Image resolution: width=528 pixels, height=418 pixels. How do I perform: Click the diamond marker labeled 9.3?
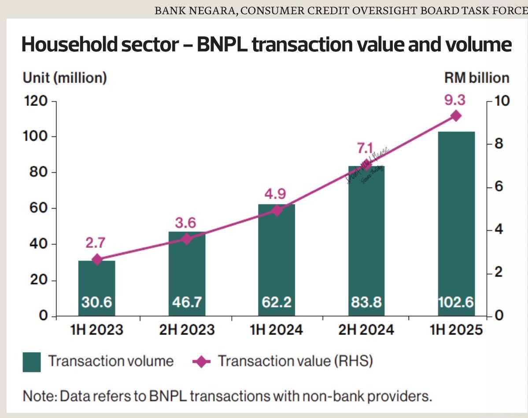[x=456, y=116]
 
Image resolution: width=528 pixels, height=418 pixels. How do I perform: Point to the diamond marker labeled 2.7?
[x=97, y=260]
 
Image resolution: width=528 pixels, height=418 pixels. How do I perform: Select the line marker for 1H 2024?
[x=277, y=210]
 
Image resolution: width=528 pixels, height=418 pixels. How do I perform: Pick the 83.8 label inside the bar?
[x=366, y=302]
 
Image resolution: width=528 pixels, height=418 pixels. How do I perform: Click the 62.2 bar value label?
[x=277, y=302]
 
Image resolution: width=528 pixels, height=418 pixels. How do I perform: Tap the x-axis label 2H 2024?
[x=366, y=330]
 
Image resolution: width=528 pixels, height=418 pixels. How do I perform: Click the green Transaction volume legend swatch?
[x=32, y=362]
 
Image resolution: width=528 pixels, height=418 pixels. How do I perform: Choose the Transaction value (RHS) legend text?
[x=295, y=362]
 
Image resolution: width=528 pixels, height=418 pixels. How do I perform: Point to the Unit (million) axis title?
[x=65, y=78]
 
